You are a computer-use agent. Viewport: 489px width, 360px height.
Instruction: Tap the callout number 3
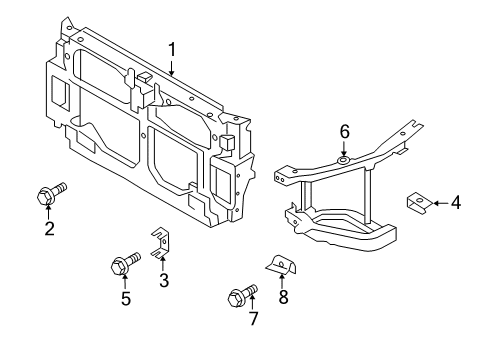point(163,281)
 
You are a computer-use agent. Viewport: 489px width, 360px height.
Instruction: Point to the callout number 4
point(455,203)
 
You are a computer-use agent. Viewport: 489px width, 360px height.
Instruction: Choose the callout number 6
point(343,130)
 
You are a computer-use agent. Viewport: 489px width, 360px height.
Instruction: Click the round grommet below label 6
point(343,160)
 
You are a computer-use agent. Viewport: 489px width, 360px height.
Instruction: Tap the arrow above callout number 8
point(282,280)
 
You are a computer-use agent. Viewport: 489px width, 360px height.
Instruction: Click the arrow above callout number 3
point(163,264)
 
